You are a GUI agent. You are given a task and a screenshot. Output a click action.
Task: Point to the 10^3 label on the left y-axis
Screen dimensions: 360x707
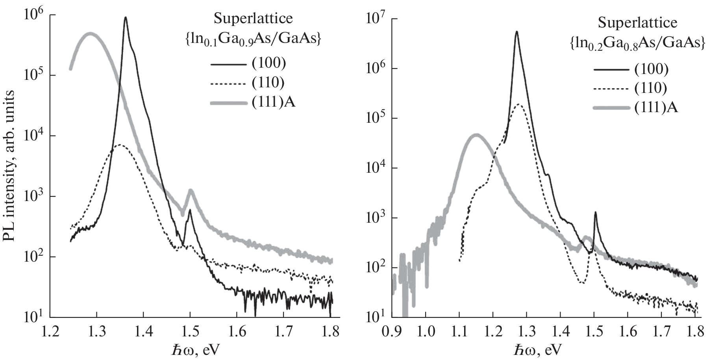coord(33,196)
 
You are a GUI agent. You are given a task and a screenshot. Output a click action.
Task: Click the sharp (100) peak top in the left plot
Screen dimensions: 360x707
coord(126,17)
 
